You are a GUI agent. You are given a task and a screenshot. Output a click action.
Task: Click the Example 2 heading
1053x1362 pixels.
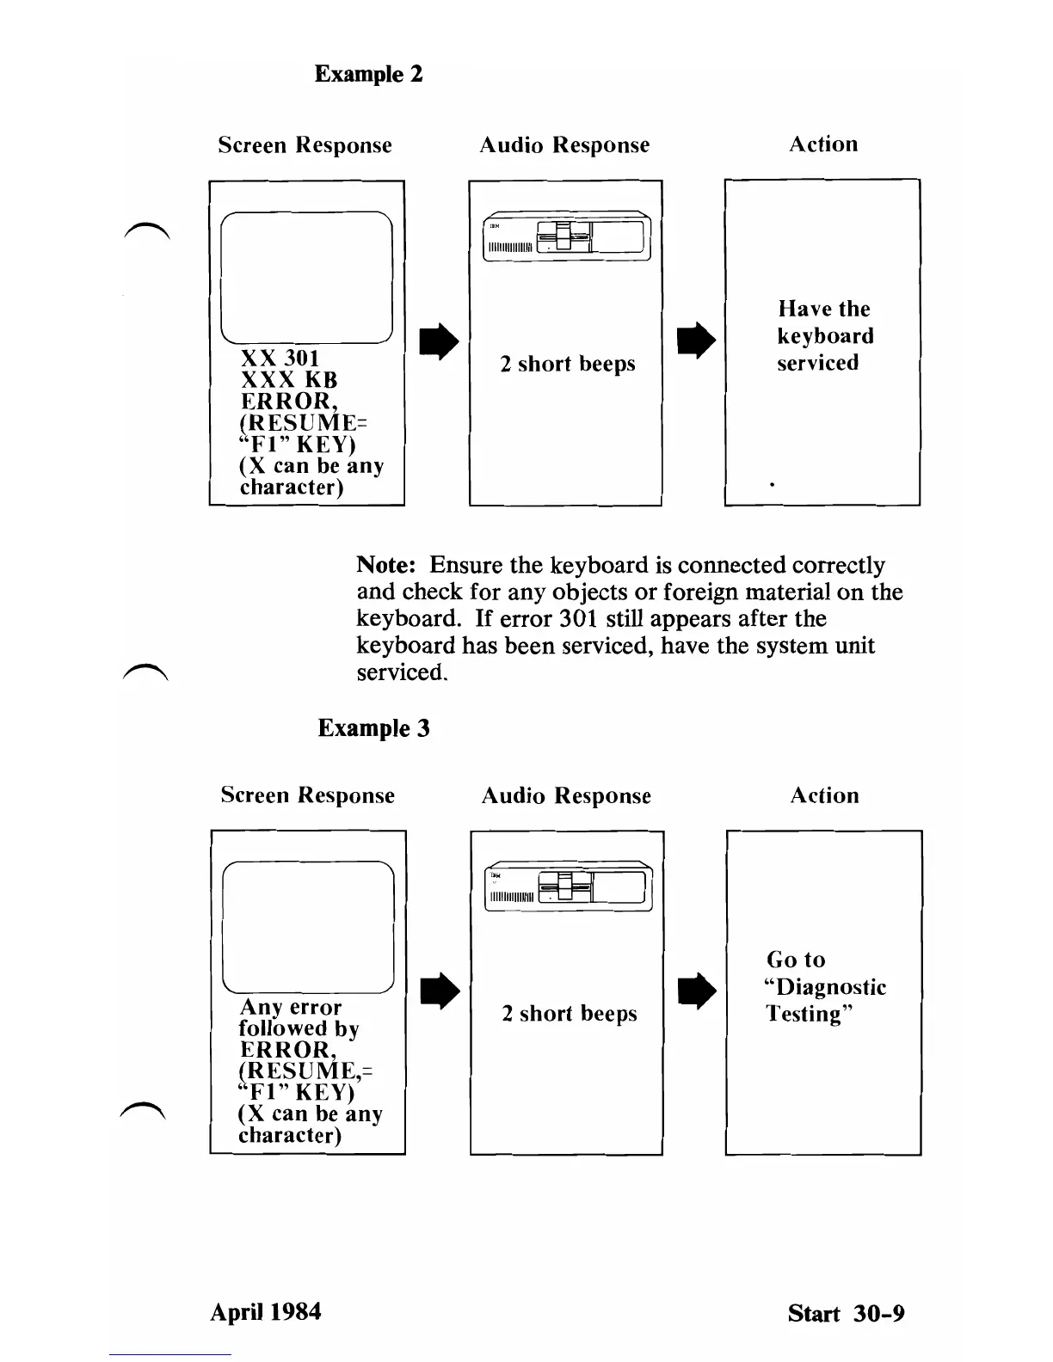(368, 74)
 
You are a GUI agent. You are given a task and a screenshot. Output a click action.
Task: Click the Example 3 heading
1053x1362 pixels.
(373, 728)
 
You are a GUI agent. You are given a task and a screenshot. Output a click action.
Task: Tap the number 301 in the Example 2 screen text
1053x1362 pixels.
(302, 359)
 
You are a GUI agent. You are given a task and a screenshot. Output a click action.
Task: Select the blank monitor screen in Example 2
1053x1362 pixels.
(307, 277)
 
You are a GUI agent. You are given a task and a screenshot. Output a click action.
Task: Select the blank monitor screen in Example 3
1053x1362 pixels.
(308, 927)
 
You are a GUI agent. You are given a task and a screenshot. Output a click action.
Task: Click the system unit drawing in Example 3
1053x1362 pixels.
(569, 886)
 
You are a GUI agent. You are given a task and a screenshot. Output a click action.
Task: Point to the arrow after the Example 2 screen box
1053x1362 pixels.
(439, 341)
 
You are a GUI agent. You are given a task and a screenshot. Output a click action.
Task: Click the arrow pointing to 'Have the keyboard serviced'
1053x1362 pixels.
(696, 341)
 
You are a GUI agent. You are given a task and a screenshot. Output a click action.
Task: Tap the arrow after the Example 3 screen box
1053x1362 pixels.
(440, 991)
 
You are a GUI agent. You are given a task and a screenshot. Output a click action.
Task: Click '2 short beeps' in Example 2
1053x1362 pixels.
(568, 365)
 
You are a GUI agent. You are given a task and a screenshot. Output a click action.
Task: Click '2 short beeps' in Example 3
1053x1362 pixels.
(570, 1015)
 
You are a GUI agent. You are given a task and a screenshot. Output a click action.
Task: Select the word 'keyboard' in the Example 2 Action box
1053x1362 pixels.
(825, 336)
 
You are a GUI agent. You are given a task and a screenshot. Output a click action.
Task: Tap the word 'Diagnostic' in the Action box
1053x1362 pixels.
(831, 987)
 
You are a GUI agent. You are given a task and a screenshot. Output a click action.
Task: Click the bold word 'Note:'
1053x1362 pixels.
(387, 566)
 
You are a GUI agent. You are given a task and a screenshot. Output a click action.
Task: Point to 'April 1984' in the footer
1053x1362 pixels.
(266, 1312)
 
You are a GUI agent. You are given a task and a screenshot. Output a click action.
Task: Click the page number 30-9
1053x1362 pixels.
(879, 1314)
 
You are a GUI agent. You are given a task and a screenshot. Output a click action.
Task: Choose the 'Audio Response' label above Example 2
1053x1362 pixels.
(564, 145)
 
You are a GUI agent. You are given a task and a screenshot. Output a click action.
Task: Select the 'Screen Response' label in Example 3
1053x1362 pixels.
(307, 795)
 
